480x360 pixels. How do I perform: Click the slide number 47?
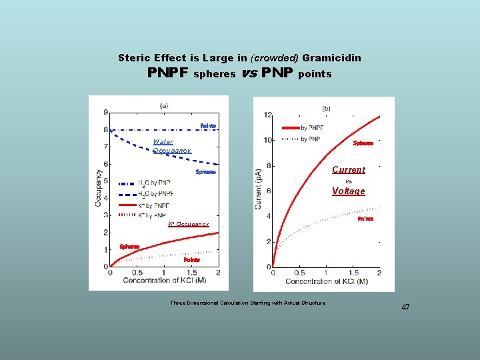coord(405,307)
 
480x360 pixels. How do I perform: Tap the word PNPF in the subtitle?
coord(167,73)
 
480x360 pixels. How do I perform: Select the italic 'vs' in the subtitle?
coord(249,73)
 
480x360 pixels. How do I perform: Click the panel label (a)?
coord(164,105)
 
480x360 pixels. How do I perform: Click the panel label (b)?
coord(326,108)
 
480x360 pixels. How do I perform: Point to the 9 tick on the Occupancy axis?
coord(105,112)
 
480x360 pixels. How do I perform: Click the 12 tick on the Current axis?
coord(267,115)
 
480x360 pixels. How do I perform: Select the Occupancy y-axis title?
coord(98,188)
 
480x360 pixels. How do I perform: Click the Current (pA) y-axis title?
coord(259,189)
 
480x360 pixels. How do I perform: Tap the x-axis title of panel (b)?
coord(326,281)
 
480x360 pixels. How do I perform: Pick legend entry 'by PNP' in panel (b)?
coord(311,139)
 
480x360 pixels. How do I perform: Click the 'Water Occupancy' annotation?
coord(171,146)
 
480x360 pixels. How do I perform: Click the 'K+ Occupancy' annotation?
coord(189,225)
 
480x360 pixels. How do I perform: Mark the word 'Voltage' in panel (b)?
coord(349,191)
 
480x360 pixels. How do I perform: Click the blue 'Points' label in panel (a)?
coord(208,126)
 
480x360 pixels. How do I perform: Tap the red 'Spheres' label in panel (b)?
coord(363,143)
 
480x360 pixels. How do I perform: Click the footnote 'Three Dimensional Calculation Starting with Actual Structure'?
coord(247,303)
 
